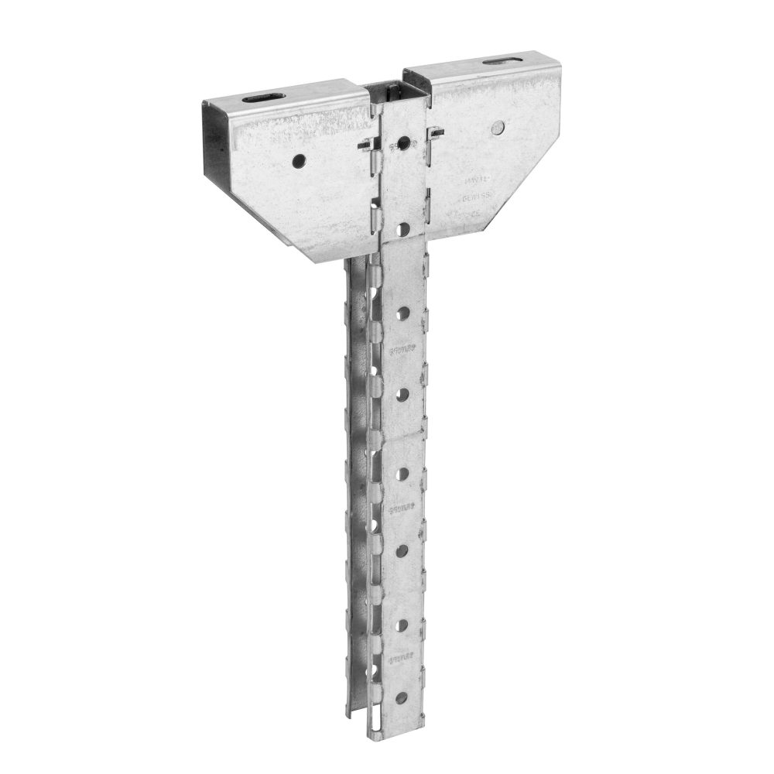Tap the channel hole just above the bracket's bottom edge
point(404,228)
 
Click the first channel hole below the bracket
point(403,313)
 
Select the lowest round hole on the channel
point(400,697)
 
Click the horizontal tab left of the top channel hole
point(368,145)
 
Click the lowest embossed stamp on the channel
point(400,659)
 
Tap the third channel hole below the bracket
point(402,471)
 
